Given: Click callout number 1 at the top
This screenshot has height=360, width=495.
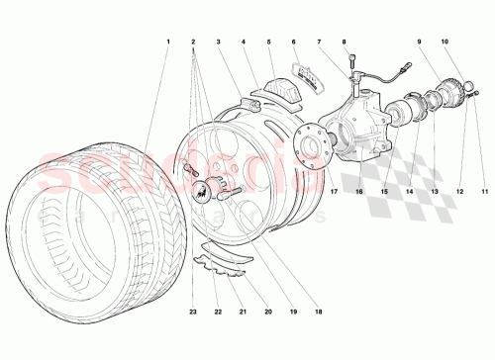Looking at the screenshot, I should [169, 42].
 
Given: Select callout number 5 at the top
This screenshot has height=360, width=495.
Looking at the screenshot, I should [268, 42].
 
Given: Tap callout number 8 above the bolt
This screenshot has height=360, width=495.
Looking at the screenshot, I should [344, 42].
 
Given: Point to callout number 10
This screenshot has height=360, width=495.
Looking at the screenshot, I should [445, 42].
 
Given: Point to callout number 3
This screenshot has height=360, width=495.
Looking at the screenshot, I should [218, 42].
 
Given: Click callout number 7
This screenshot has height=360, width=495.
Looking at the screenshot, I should [319, 42].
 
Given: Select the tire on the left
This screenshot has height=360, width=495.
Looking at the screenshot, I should [79, 237].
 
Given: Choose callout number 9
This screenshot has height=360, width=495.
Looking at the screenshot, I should [419, 42].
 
